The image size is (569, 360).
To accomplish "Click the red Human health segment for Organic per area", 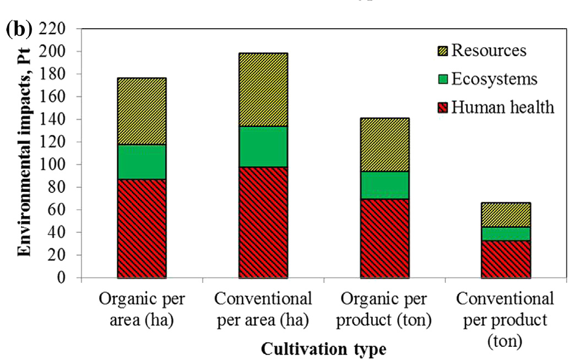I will point(142,228).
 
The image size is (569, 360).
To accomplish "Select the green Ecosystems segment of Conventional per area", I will point(263,147).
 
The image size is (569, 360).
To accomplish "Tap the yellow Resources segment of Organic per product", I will point(384,144).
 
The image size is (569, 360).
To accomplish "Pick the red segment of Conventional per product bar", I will point(506,259).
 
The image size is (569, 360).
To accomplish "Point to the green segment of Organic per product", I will point(384,185).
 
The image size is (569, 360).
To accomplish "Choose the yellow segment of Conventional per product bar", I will point(506,215).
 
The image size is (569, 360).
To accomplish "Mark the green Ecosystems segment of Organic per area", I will point(142,162).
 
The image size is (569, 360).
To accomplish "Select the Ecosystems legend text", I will point(494,79).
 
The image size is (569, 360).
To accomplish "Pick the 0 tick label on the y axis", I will point(69,278).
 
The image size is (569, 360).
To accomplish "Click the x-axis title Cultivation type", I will point(323,349).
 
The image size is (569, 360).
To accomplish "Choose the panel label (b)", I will point(18,29).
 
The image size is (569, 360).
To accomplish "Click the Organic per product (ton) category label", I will point(384,310).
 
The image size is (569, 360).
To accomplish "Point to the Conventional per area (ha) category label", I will point(263,310).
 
